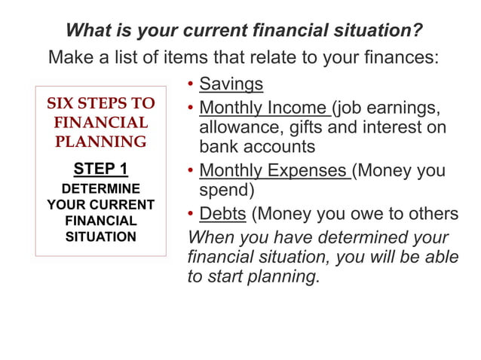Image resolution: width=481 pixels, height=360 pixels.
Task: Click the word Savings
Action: pos(231,84)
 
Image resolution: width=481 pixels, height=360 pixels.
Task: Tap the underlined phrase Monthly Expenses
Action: pos(273,170)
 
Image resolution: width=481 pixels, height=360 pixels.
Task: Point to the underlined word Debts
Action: pos(222,214)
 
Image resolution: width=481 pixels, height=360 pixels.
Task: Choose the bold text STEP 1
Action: pos(100,168)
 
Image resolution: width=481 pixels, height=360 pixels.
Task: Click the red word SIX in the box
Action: pos(63,103)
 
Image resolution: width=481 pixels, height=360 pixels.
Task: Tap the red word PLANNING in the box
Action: pos(100,142)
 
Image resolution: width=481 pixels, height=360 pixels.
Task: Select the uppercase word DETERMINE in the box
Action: pos(100,188)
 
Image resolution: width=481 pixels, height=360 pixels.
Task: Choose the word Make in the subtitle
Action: pos(70,57)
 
